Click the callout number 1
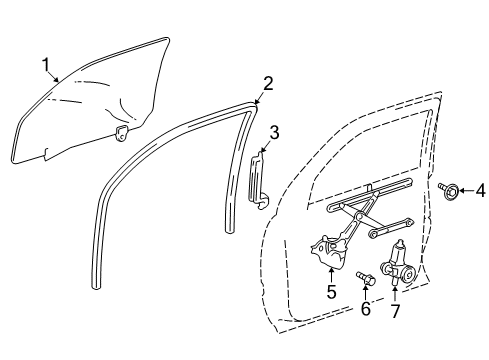click(45, 65)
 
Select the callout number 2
click(267, 82)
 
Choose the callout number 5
click(330, 292)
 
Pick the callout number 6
click(365, 309)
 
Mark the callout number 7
click(396, 311)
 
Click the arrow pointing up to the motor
click(396, 288)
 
